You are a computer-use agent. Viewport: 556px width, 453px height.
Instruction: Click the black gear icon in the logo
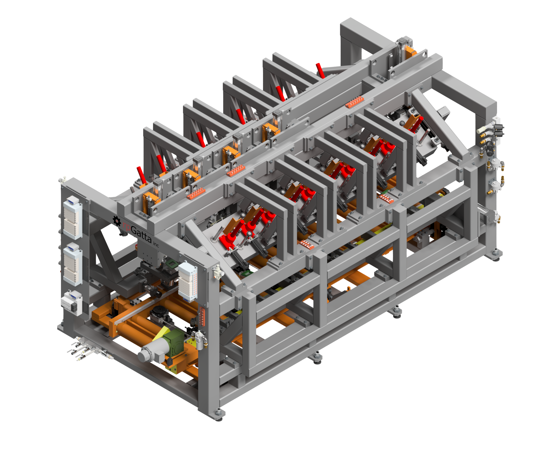117,221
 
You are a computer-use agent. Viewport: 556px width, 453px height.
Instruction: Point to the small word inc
156,244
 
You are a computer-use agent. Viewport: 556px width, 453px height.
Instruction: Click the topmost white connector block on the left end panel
72,217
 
